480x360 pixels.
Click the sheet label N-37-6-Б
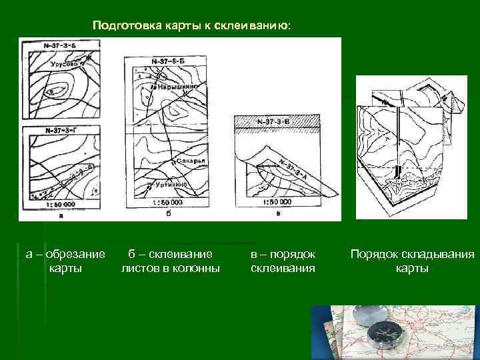pyautogui.click(x=167, y=62)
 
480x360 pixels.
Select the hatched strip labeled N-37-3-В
pyautogui.click(x=276, y=122)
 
